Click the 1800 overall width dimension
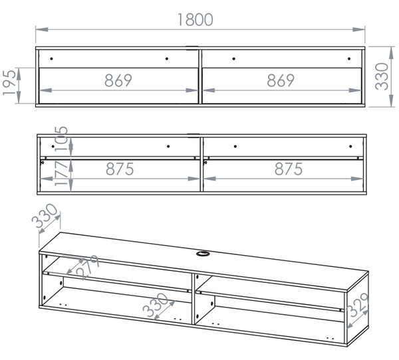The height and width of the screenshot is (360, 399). (195, 19)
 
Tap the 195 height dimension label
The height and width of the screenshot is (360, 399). (10, 82)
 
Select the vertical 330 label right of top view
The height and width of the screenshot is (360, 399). (382, 76)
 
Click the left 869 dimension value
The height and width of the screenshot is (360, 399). (118, 80)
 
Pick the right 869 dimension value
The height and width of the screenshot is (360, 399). (281, 80)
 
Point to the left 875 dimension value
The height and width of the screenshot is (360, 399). (120, 169)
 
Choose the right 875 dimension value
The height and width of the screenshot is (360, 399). (289, 169)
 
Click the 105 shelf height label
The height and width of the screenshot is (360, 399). (61, 139)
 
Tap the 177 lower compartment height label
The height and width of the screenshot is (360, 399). (61, 173)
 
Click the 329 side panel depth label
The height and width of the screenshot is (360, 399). (358, 305)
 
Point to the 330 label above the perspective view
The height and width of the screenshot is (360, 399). (45, 216)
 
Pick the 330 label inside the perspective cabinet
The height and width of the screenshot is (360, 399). (156, 305)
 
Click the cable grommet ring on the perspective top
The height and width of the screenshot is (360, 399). (202, 253)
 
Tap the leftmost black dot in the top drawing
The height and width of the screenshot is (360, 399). (51, 58)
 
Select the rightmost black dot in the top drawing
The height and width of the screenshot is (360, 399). (349, 58)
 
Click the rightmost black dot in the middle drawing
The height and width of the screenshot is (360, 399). (350, 146)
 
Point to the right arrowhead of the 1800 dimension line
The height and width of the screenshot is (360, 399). (359, 29)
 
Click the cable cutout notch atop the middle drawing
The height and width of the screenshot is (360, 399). (194, 135)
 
